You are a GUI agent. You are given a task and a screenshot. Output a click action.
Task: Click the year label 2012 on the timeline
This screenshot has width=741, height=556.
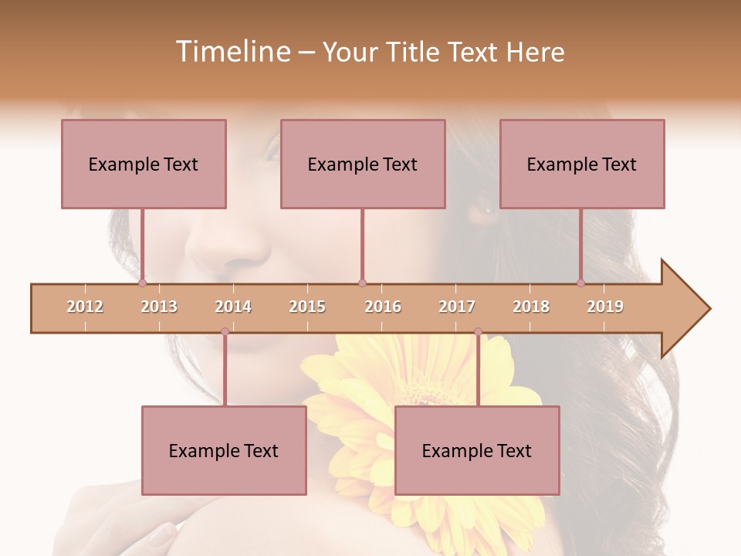point(85,307)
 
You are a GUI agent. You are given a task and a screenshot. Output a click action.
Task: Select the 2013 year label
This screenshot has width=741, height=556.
point(159,307)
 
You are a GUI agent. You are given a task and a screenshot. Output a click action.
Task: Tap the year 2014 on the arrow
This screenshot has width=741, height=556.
point(233,307)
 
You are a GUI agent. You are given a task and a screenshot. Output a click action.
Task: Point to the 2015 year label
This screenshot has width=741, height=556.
point(307,307)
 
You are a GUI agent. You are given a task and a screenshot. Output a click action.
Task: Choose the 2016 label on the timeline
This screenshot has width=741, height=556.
point(383,307)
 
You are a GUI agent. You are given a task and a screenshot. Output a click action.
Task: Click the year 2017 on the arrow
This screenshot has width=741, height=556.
point(457,307)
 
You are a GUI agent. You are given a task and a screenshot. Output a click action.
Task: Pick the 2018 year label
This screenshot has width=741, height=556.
point(531,307)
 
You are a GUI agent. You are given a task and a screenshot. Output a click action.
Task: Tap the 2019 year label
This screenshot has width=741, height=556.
point(605,307)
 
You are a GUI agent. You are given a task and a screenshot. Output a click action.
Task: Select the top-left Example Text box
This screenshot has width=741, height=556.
point(144,164)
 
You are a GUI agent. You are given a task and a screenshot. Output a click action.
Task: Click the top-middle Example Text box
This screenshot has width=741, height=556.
point(363,164)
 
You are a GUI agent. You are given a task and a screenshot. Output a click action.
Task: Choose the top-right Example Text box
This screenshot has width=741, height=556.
point(582,164)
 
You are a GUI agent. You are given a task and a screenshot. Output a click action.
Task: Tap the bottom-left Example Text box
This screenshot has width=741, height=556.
point(224,450)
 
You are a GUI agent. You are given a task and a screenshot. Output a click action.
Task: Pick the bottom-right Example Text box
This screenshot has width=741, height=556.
point(477,450)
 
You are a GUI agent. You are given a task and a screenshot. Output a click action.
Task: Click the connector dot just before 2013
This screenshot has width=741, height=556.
point(143,283)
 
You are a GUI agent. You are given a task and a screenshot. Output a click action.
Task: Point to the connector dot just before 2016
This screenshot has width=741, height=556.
point(362,283)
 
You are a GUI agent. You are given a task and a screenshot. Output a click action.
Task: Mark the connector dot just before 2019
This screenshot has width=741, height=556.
point(581,283)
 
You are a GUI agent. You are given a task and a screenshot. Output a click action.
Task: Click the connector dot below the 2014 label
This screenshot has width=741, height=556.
point(225,331)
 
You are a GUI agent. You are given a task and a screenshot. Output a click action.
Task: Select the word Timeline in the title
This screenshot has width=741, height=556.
point(232,52)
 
